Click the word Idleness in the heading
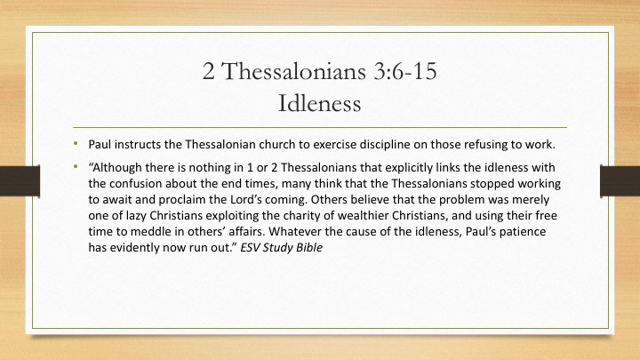319,103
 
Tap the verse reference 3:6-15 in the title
405,71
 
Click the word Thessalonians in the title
294,71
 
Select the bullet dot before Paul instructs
76,143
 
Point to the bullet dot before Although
76,166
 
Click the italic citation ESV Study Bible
281,248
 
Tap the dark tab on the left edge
20,180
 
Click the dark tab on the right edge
620,180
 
